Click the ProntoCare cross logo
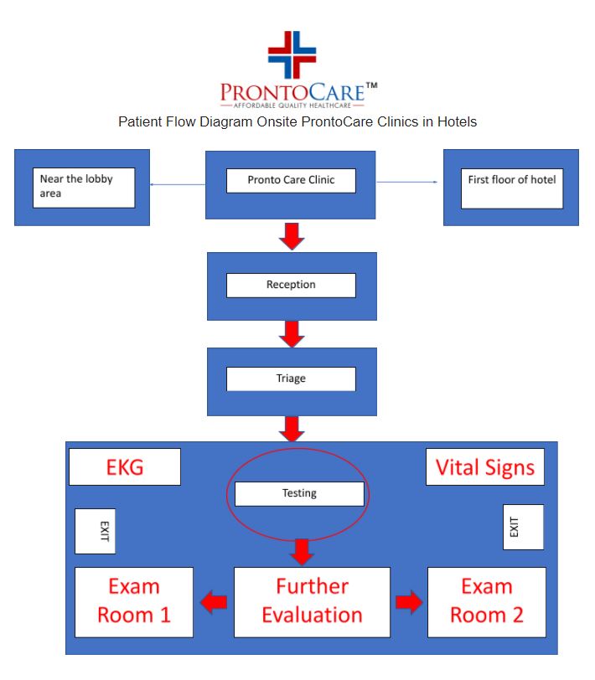click(x=292, y=53)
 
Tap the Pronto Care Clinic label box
click(x=291, y=180)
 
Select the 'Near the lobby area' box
click(x=83, y=187)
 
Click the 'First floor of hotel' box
click(x=512, y=187)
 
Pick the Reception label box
click(x=291, y=285)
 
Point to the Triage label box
click(x=291, y=379)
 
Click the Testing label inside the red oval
click(x=299, y=493)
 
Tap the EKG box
click(x=124, y=466)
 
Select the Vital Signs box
click(x=485, y=466)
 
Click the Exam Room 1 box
click(x=134, y=601)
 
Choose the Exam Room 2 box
click(x=487, y=601)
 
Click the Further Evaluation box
click(x=312, y=601)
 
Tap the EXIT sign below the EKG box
click(x=96, y=531)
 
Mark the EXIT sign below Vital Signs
click(x=523, y=527)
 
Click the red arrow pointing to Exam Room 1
click(x=214, y=601)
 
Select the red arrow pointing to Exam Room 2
click(x=409, y=601)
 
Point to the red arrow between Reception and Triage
click(x=292, y=333)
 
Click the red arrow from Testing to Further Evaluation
click(x=302, y=551)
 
